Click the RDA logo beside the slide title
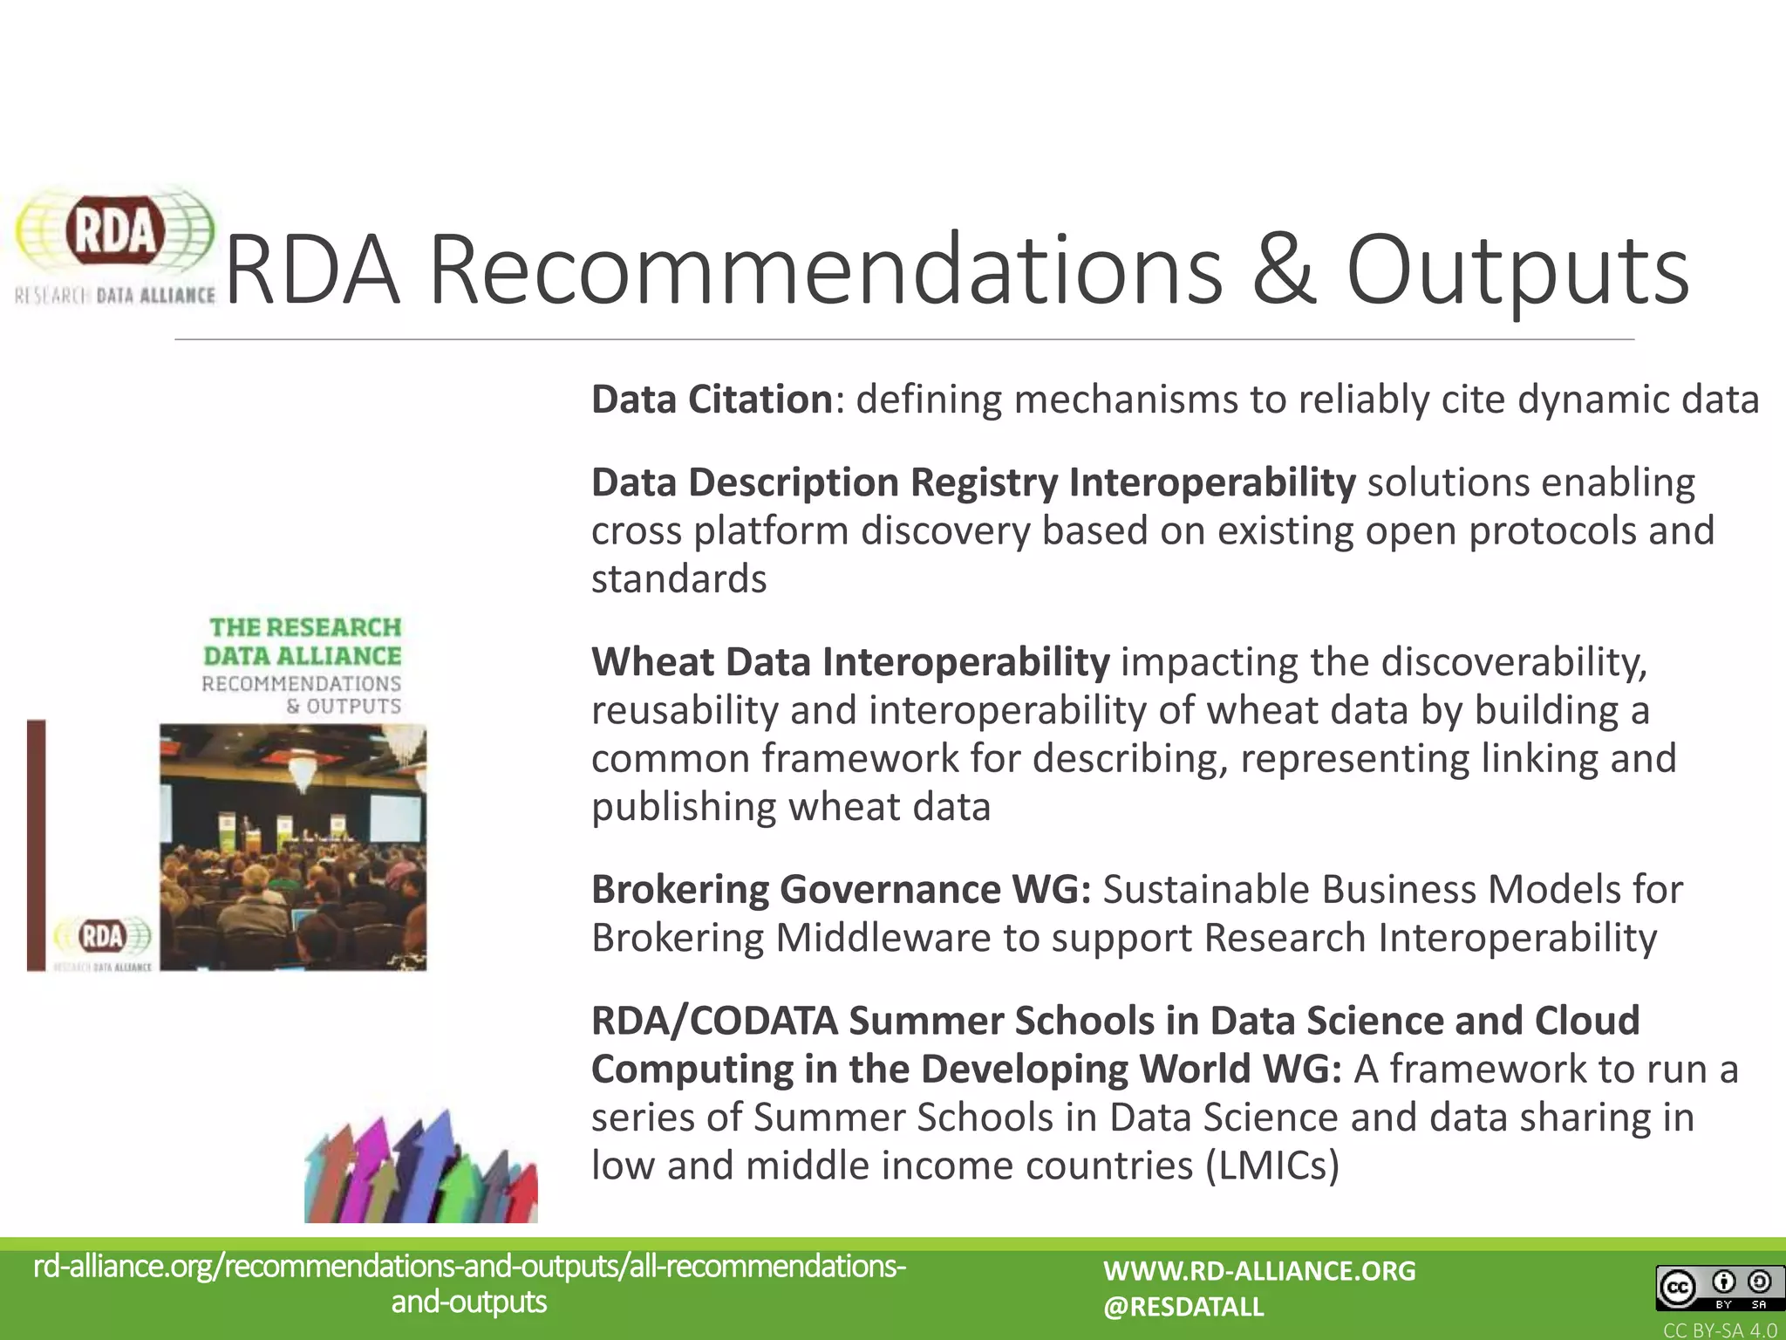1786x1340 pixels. [114, 244]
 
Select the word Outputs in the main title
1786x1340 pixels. [1517, 270]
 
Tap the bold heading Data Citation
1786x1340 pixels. [712, 400]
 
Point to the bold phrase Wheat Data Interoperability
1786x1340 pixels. [850, 661]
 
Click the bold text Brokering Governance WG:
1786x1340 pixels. [841, 889]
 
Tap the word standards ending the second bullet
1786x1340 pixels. [678, 578]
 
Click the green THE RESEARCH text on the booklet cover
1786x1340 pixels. [305, 627]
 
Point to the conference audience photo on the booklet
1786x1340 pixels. [293, 846]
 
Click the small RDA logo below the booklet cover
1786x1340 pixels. [103, 939]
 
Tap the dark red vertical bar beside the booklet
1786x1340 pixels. [36, 844]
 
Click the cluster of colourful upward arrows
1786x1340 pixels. [420, 1169]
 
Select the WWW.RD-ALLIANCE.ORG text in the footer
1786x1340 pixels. [1259, 1271]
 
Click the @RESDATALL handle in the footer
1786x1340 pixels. [1183, 1307]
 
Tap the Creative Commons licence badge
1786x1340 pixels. [1714, 1289]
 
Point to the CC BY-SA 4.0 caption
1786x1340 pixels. [1720, 1330]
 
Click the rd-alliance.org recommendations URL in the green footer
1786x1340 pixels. [469, 1283]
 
